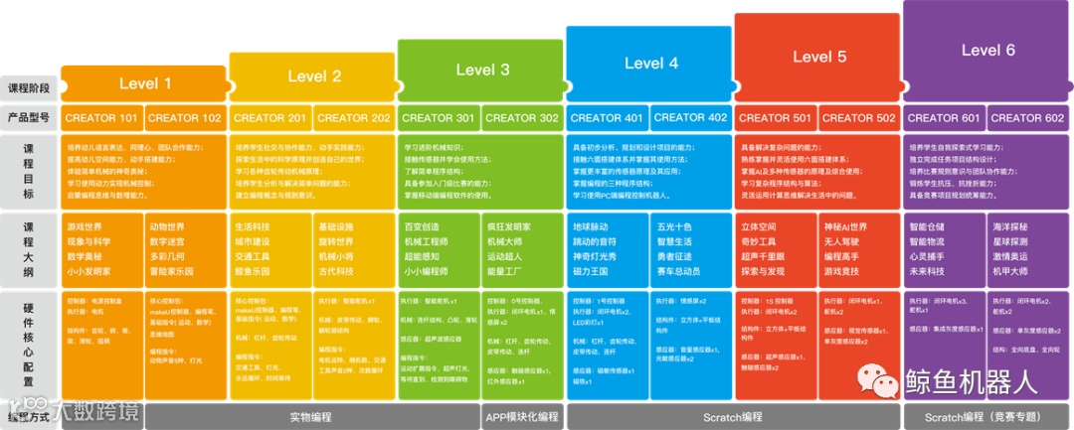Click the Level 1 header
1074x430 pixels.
(145, 83)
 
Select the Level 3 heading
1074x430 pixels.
(482, 70)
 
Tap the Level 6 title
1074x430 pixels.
(987, 50)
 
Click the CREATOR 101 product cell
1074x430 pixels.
(101, 118)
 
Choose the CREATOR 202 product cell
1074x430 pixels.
(354, 118)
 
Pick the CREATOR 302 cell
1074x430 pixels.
(522, 118)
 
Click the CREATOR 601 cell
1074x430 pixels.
(944, 118)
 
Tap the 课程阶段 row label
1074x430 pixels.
(28, 86)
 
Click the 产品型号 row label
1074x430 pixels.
(28, 118)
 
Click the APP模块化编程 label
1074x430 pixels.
(521, 417)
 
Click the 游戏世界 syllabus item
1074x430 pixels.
(88, 225)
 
